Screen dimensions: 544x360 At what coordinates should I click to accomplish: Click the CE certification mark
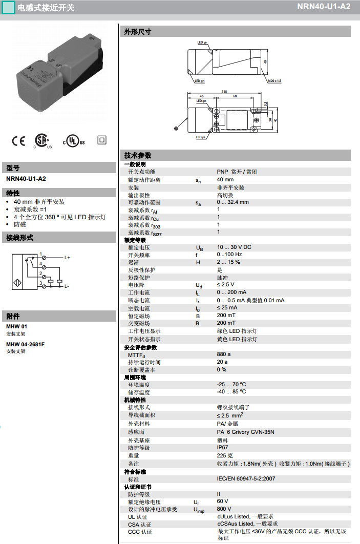coord(18,140)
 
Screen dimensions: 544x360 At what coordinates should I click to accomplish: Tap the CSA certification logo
coord(42,141)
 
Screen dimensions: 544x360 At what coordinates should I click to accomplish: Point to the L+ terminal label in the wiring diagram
coord(67,257)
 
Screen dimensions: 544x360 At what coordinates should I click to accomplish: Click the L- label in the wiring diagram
coord(67,286)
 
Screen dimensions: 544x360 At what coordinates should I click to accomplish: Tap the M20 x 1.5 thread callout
coord(274,80)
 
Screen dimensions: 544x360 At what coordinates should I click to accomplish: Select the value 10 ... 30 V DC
coord(234,247)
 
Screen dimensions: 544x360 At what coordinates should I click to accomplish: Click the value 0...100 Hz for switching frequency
coord(229,255)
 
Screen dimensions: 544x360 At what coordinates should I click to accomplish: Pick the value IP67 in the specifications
coord(223,448)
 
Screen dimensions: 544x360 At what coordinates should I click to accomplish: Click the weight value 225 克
coord(225,455)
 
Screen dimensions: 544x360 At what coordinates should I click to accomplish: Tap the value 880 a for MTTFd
coord(224,354)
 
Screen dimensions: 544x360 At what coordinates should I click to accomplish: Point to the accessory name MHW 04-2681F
coord(25,344)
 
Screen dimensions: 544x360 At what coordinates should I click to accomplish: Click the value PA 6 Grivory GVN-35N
coord(245,432)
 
